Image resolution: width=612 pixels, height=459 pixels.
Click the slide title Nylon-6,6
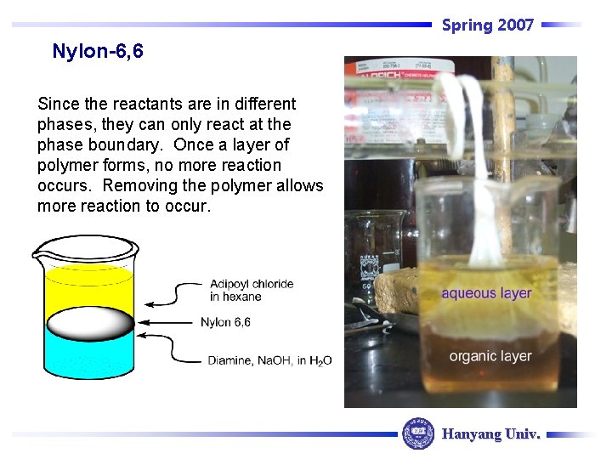[x=98, y=52]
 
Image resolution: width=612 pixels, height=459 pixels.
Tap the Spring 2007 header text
[x=487, y=25]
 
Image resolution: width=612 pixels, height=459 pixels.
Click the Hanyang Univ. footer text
[x=490, y=434]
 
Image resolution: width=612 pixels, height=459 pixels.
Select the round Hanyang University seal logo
[x=417, y=433]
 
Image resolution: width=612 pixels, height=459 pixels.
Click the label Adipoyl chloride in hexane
[x=252, y=290]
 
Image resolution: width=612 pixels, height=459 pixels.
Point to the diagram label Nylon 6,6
[x=225, y=322]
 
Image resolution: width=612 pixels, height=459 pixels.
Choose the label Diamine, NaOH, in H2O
[x=269, y=360]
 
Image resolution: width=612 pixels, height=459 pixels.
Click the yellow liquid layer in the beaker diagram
[x=89, y=287]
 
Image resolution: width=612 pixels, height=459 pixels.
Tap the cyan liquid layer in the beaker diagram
[x=89, y=358]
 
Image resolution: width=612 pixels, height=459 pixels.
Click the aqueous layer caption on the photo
[x=486, y=293]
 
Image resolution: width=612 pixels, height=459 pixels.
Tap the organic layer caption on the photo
[x=490, y=356]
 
